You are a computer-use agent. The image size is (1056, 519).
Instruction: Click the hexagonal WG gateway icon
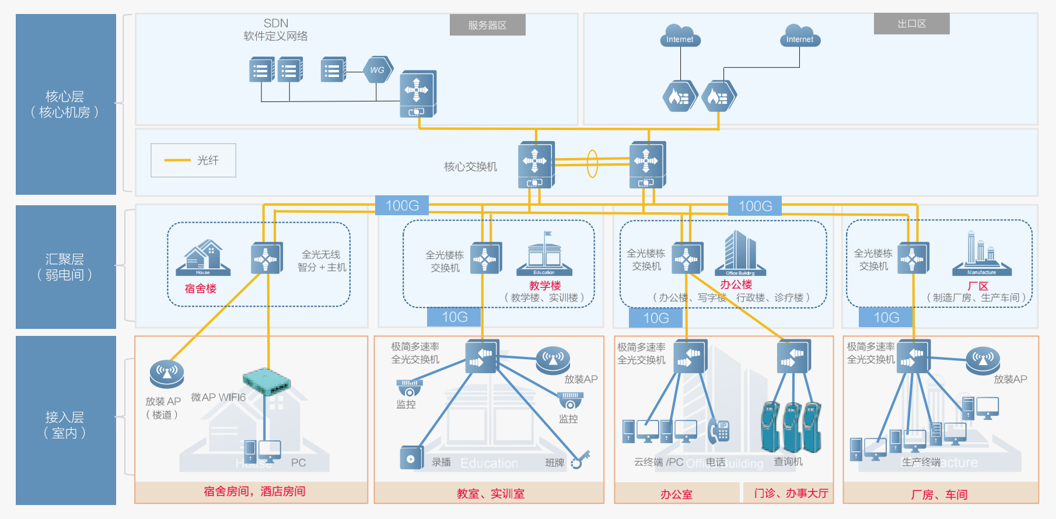(x=377, y=70)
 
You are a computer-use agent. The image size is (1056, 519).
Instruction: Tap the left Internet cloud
(x=680, y=36)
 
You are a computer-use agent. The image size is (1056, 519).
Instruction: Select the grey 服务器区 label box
(x=487, y=25)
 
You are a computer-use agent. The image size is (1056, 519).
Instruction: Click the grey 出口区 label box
(x=911, y=24)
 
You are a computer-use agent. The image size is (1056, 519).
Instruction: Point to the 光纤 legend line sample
(x=177, y=160)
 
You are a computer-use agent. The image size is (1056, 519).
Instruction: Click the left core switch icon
(x=536, y=164)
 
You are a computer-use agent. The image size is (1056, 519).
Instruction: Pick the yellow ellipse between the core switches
(x=592, y=164)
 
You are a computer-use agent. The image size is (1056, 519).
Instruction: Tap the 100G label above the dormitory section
(x=402, y=206)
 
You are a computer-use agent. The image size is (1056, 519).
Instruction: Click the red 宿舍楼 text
(x=200, y=289)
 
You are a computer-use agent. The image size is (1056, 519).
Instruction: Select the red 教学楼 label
(x=545, y=286)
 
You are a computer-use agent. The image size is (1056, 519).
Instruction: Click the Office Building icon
(x=740, y=254)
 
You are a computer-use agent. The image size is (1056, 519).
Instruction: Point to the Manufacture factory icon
(x=981, y=254)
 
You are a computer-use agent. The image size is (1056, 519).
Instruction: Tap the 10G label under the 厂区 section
(x=886, y=318)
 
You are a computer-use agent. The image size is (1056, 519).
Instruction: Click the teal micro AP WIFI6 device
(x=267, y=381)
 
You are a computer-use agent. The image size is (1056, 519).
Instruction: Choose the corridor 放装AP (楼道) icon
(x=167, y=374)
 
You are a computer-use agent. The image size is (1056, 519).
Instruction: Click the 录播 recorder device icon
(x=411, y=458)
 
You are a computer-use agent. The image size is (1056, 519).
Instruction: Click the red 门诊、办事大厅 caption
(x=791, y=493)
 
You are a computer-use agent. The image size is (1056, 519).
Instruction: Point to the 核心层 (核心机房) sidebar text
(x=65, y=104)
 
